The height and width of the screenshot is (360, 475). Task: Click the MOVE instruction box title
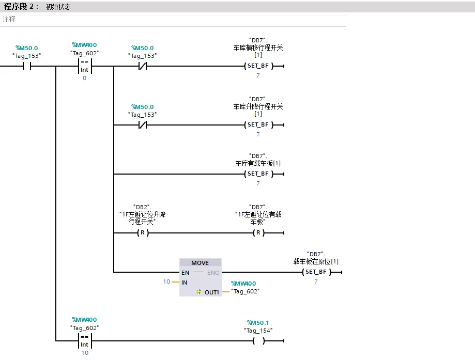pos(200,263)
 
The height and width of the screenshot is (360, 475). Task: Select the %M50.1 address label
pos(258,323)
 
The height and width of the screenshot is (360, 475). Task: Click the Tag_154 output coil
pos(258,341)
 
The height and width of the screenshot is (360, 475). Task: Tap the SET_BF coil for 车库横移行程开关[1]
pos(258,66)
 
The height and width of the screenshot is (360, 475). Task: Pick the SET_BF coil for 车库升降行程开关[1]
pos(258,125)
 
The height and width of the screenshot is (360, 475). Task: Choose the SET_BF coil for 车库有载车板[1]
pos(258,174)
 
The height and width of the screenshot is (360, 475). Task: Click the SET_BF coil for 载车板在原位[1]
pos(316,272)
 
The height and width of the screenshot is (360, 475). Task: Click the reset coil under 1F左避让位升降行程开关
pos(142,233)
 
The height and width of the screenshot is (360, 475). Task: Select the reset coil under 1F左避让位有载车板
pos(258,233)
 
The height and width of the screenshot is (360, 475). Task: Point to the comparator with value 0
pos(84,66)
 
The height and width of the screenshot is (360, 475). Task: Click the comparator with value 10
pos(84,341)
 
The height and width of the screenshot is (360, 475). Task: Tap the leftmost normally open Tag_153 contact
pos(27,66)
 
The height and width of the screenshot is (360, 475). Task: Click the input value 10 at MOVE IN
pos(166,282)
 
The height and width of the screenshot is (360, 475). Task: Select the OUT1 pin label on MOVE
pos(212,292)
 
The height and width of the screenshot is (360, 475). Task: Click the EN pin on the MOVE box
pos(185,273)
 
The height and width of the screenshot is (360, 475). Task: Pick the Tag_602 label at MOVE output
pos(245,291)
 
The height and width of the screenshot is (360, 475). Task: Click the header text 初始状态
pos(58,7)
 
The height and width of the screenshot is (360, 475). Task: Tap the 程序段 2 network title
pos(21,7)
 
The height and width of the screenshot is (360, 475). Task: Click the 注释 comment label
pos(9,20)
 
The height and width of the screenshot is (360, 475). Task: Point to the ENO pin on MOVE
pos(213,273)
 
